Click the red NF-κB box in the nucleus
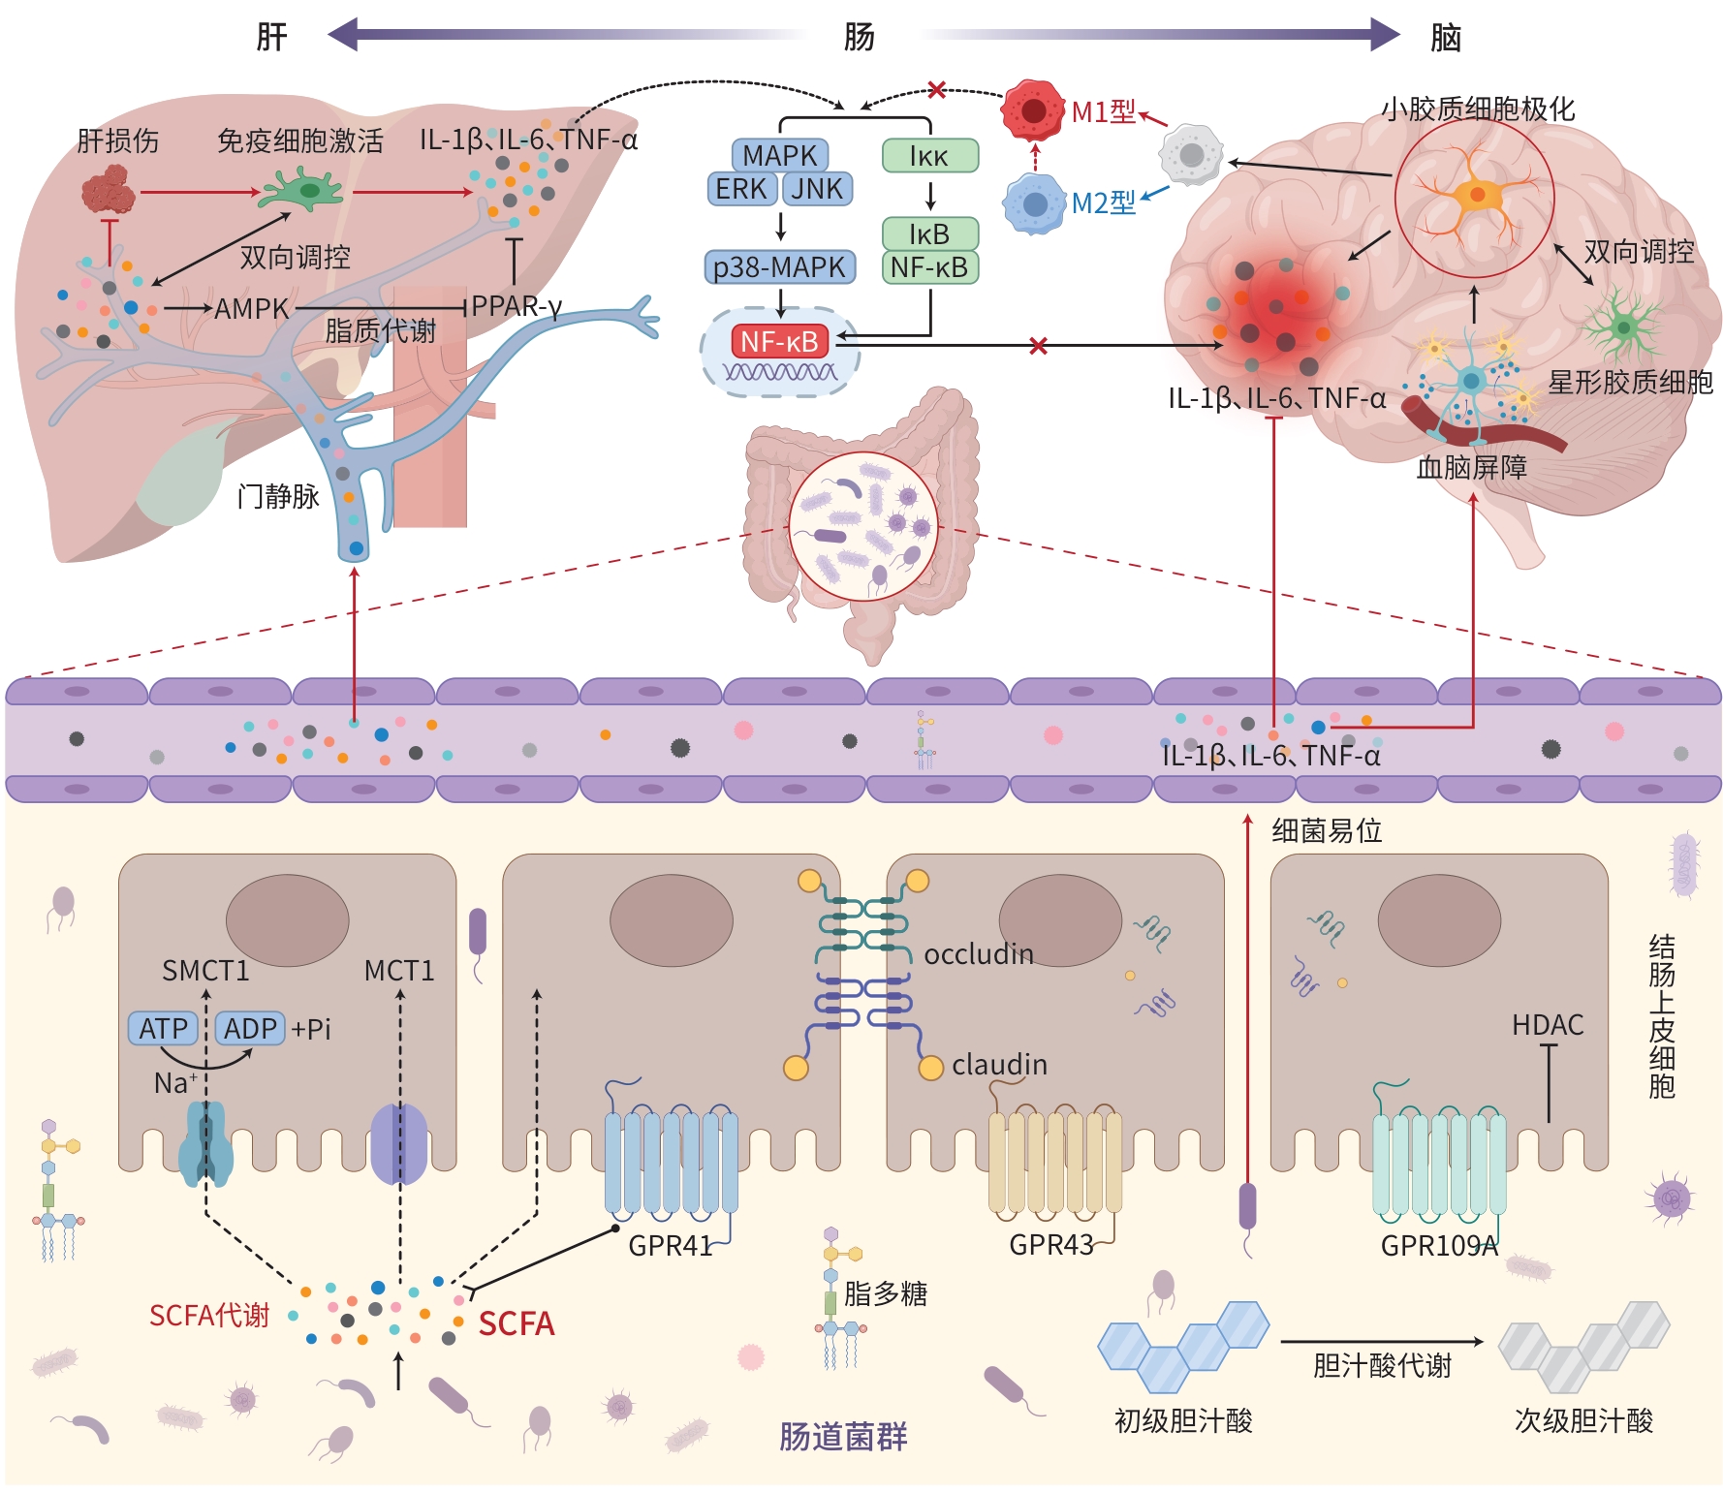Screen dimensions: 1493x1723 point(779,341)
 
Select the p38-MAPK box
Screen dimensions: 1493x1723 point(779,266)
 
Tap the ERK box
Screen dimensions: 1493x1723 point(741,189)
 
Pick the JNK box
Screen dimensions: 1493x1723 point(817,189)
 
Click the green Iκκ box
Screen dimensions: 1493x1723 point(929,156)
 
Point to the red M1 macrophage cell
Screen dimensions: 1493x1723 point(1033,109)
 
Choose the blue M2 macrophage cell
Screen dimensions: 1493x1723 point(1034,204)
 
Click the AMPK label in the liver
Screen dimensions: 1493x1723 point(251,309)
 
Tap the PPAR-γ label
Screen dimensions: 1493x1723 point(517,306)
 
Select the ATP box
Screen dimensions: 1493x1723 point(163,1028)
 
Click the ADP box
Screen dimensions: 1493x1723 point(250,1028)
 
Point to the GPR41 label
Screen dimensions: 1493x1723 point(670,1246)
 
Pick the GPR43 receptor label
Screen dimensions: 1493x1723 point(1051,1245)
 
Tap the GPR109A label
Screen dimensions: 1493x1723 point(1439,1246)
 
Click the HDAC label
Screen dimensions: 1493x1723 point(1548,1025)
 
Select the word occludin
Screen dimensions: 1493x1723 point(979,954)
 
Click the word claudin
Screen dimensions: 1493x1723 point(999,1065)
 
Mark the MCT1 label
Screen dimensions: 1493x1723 point(398,971)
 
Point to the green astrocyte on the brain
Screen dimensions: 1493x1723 point(1623,327)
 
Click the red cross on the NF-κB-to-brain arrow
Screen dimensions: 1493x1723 point(1038,346)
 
